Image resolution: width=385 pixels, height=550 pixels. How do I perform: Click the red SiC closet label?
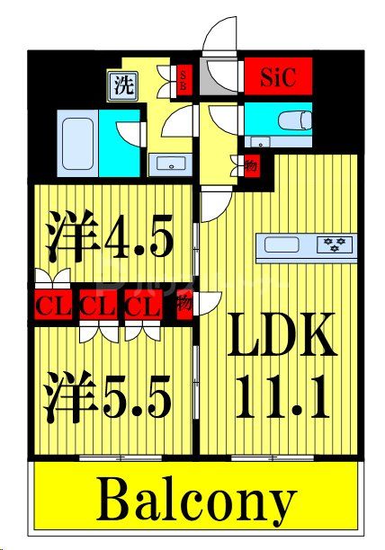coord(277,75)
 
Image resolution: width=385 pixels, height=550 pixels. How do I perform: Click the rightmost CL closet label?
coord(140,306)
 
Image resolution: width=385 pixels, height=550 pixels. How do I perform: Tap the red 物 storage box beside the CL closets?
coord(183,305)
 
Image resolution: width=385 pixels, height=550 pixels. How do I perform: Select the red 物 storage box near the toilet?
coord(251,166)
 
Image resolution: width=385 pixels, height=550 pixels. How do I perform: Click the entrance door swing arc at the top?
coord(219,40)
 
